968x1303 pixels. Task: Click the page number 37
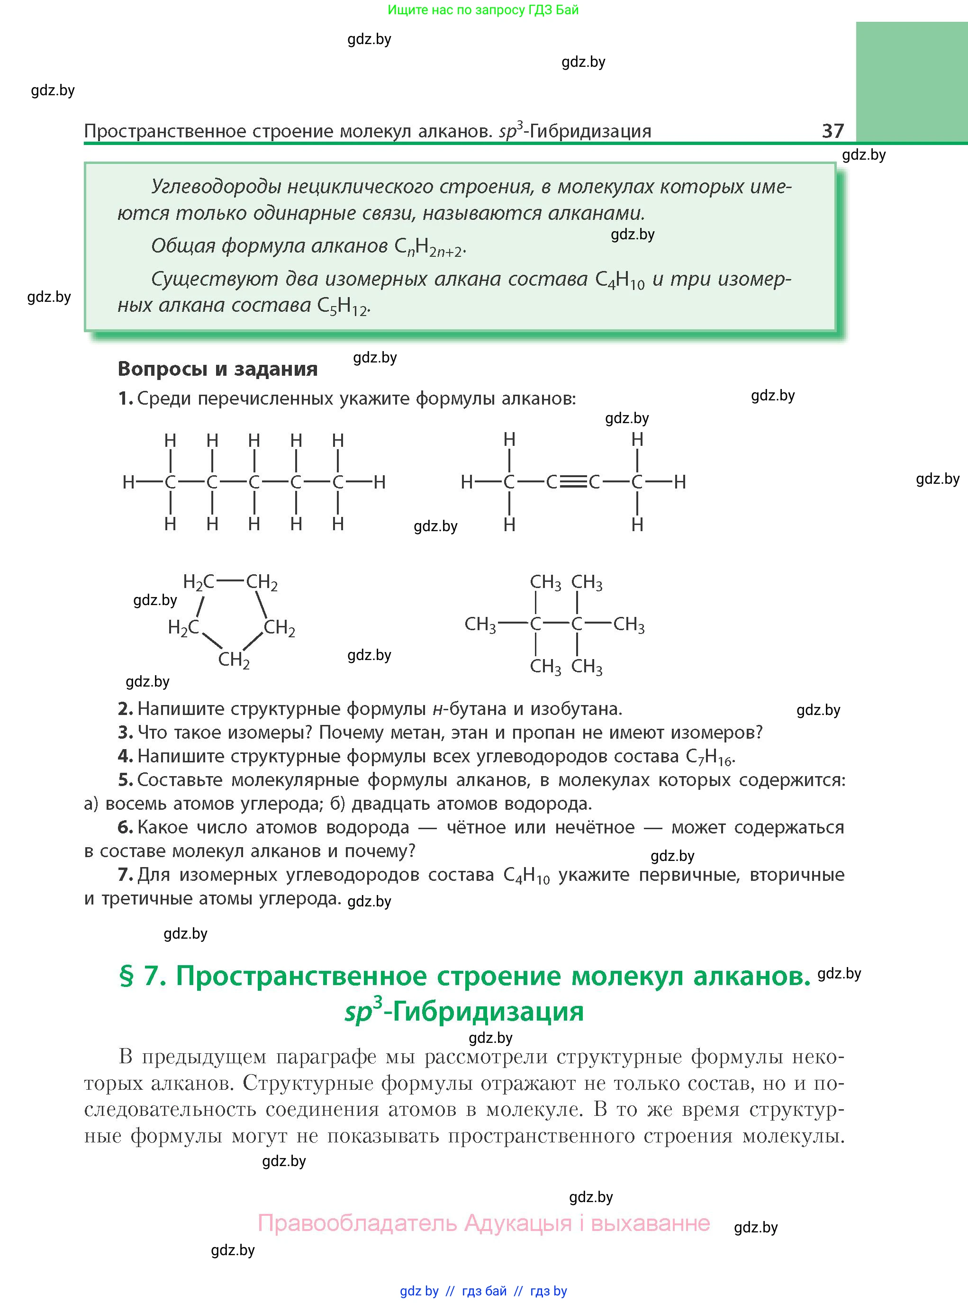coord(832,130)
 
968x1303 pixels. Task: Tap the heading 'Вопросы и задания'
coord(217,369)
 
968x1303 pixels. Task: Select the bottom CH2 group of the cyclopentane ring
coord(234,660)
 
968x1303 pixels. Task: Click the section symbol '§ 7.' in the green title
coord(143,977)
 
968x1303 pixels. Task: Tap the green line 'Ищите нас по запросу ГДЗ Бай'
coord(483,10)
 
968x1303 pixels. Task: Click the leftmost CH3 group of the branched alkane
coord(480,624)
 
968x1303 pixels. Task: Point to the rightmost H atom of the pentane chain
coord(380,482)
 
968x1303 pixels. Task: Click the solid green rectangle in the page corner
coord(911,81)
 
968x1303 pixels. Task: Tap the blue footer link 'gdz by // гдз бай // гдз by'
coord(483,1291)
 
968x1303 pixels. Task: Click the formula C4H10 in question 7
coord(526,875)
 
